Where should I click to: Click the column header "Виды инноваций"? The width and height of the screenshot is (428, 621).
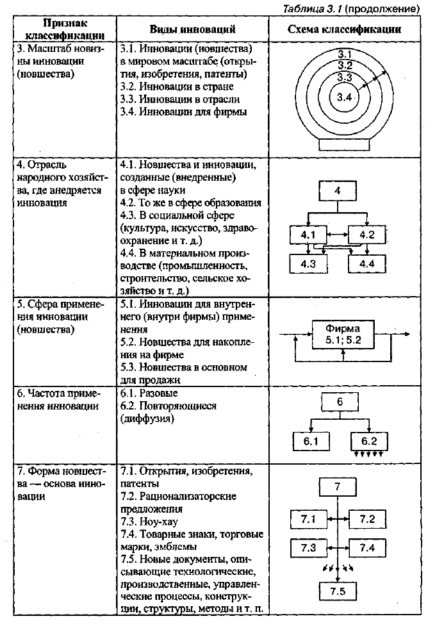(192, 29)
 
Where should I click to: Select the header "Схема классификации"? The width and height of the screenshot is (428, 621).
(344, 29)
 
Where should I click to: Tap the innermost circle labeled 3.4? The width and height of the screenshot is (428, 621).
(344, 97)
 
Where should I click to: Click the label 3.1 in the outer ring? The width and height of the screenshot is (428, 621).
(345, 54)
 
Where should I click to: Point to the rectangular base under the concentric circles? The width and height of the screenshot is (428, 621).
(345, 144)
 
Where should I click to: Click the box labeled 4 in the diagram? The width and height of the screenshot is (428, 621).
(338, 191)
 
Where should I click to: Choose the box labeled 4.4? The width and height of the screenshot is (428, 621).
(367, 264)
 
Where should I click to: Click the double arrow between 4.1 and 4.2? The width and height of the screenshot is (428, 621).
(337, 235)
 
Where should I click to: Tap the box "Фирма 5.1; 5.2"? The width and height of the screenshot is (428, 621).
(343, 335)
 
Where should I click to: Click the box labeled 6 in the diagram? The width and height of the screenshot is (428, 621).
(340, 402)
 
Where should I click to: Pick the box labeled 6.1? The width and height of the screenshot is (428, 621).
(311, 441)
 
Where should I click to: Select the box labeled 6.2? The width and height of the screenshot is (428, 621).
(369, 441)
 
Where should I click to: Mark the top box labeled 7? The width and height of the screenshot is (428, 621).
(337, 487)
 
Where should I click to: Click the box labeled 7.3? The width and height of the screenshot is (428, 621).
(308, 548)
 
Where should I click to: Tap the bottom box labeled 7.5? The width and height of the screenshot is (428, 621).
(338, 592)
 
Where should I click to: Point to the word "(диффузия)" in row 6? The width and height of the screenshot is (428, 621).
(147, 419)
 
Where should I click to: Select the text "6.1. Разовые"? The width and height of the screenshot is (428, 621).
(149, 393)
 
